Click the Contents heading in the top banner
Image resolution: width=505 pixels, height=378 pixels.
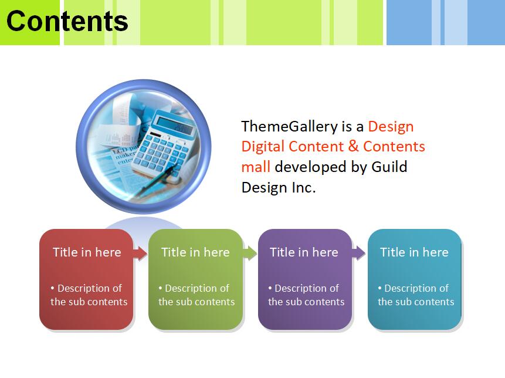pos(67,21)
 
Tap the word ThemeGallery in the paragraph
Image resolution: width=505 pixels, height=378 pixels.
pos(289,127)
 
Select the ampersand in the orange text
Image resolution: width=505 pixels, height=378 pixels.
pos(353,146)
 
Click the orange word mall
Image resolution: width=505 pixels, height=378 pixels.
pos(256,167)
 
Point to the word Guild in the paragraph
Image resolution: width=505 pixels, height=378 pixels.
pos(389,167)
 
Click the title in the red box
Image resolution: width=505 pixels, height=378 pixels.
pos(87,252)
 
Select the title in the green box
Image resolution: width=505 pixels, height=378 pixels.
pos(195,252)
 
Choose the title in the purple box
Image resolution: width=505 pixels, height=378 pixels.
pos(304,252)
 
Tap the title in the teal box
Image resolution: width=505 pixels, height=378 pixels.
pos(414,252)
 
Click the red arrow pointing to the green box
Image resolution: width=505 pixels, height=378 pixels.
pos(140,254)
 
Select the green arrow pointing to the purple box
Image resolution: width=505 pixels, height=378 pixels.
pos(250,254)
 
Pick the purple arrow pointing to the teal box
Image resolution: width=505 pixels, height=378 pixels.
pos(358,254)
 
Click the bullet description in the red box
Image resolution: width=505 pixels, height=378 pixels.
pos(89,295)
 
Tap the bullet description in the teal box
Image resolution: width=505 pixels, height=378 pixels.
pos(416,295)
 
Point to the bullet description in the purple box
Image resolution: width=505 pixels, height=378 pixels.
pos(306,295)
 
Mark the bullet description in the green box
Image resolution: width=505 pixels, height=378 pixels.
pos(196,295)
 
